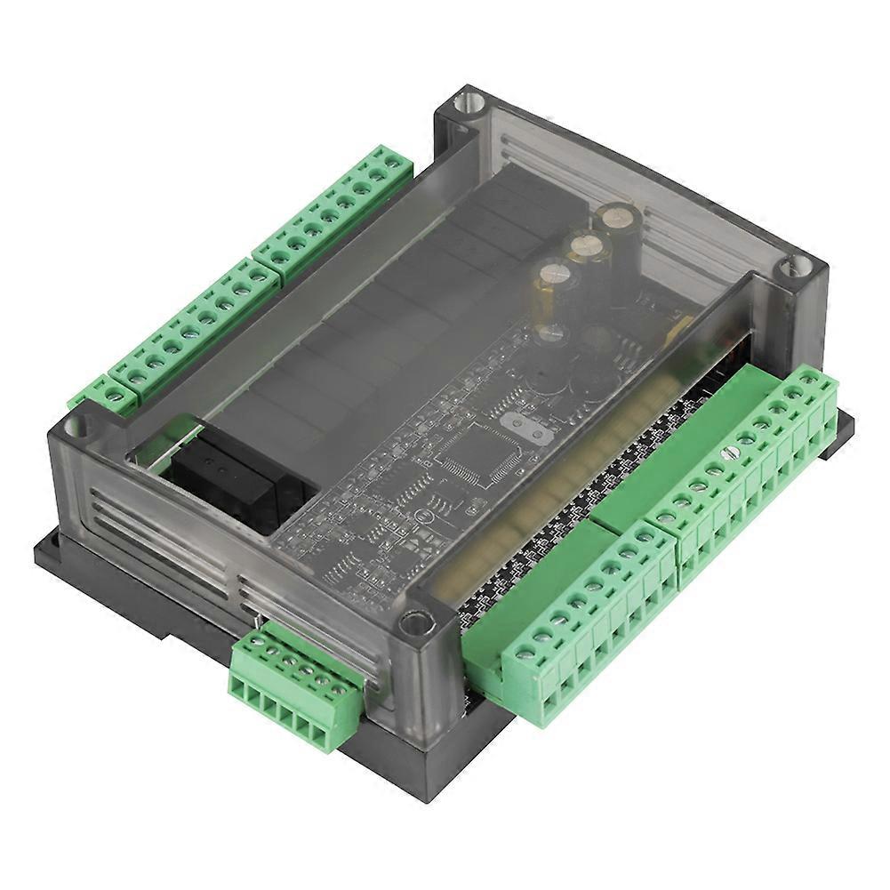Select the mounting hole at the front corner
tap(414, 621)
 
